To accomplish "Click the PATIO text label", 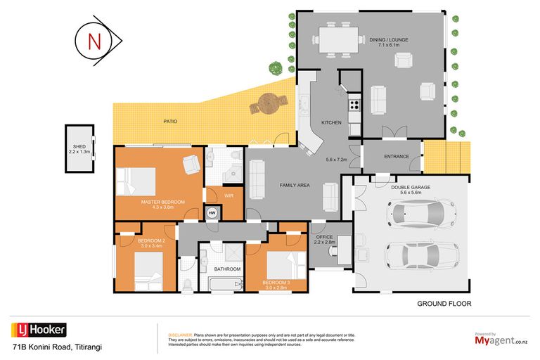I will pyautogui.click(x=170, y=122).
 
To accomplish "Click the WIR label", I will pyautogui.click(x=229, y=196).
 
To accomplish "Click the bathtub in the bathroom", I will pyautogui.click(x=226, y=285).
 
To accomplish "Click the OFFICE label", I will pyautogui.click(x=323, y=238).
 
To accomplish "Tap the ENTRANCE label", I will pyautogui.click(x=396, y=157).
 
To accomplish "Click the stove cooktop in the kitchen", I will pyautogui.click(x=354, y=107).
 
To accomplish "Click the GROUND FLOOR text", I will pyautogui.click(x=444, y=304).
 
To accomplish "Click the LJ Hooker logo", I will pyautogui.click(x=39, y=330).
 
